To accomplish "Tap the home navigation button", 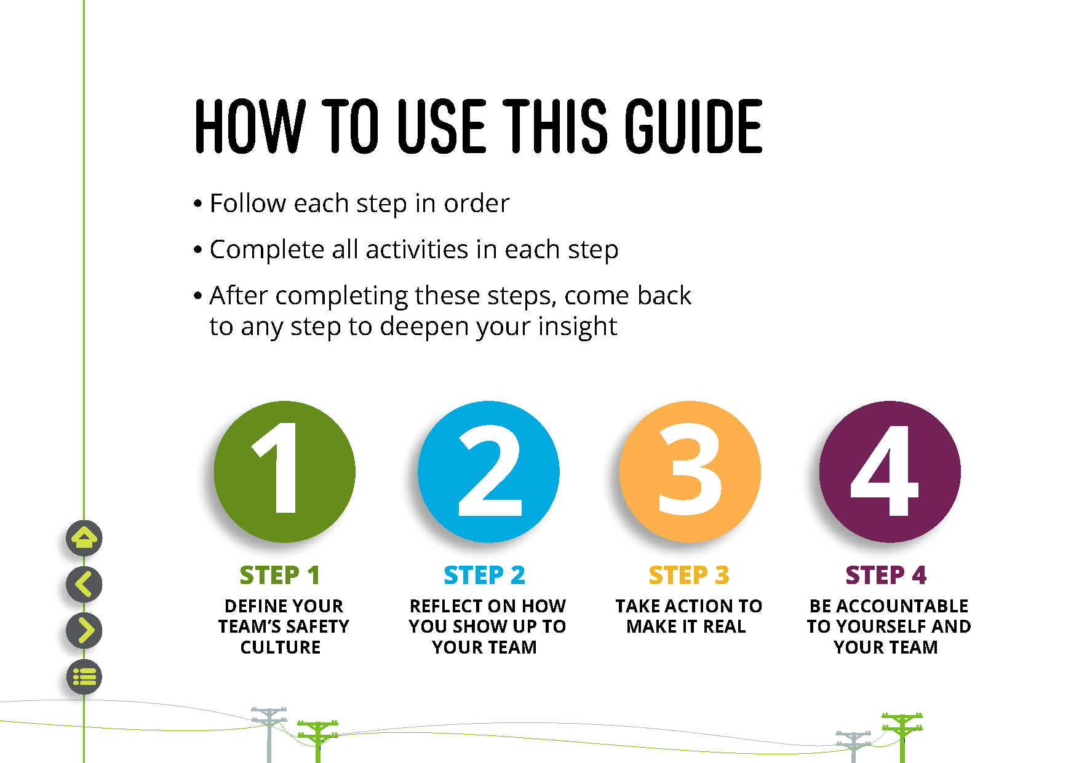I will point(84,539).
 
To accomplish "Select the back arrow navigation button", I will point(84,584).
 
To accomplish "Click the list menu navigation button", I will point(84,677).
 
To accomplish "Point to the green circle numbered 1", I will point(284,472).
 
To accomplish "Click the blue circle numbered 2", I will point(488,472).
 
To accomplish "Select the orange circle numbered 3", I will point(690,472).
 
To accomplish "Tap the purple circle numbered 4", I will point(890,472).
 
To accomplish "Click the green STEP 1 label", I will point(280,575).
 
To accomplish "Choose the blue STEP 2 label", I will point(485,575).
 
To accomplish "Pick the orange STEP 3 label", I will point(689,575).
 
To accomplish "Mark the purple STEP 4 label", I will point(886,575).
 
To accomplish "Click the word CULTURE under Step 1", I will point(281,647).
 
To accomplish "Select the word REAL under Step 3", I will point(724,627).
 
